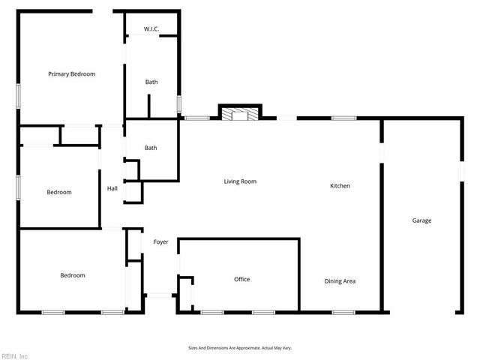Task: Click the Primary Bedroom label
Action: point(72,74)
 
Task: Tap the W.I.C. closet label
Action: point(151,29)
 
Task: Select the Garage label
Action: point(421,220)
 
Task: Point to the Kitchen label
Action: point(340,186)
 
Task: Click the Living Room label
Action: point(240,181)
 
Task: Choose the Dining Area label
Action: point(340,281)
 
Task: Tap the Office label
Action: point(241,279)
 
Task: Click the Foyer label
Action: point(160,242)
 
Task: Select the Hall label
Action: point(112,189)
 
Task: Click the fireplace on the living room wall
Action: point(239,114)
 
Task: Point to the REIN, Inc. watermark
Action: point(15,355)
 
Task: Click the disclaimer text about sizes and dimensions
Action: point(239,348)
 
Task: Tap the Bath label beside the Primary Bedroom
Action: point(151,82)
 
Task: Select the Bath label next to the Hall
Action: point(151,148)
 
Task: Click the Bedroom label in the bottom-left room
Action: point(73,275)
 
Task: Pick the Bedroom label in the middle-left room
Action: point(59,193)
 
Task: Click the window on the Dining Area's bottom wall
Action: point(343,312)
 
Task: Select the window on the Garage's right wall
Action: point(461,171)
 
